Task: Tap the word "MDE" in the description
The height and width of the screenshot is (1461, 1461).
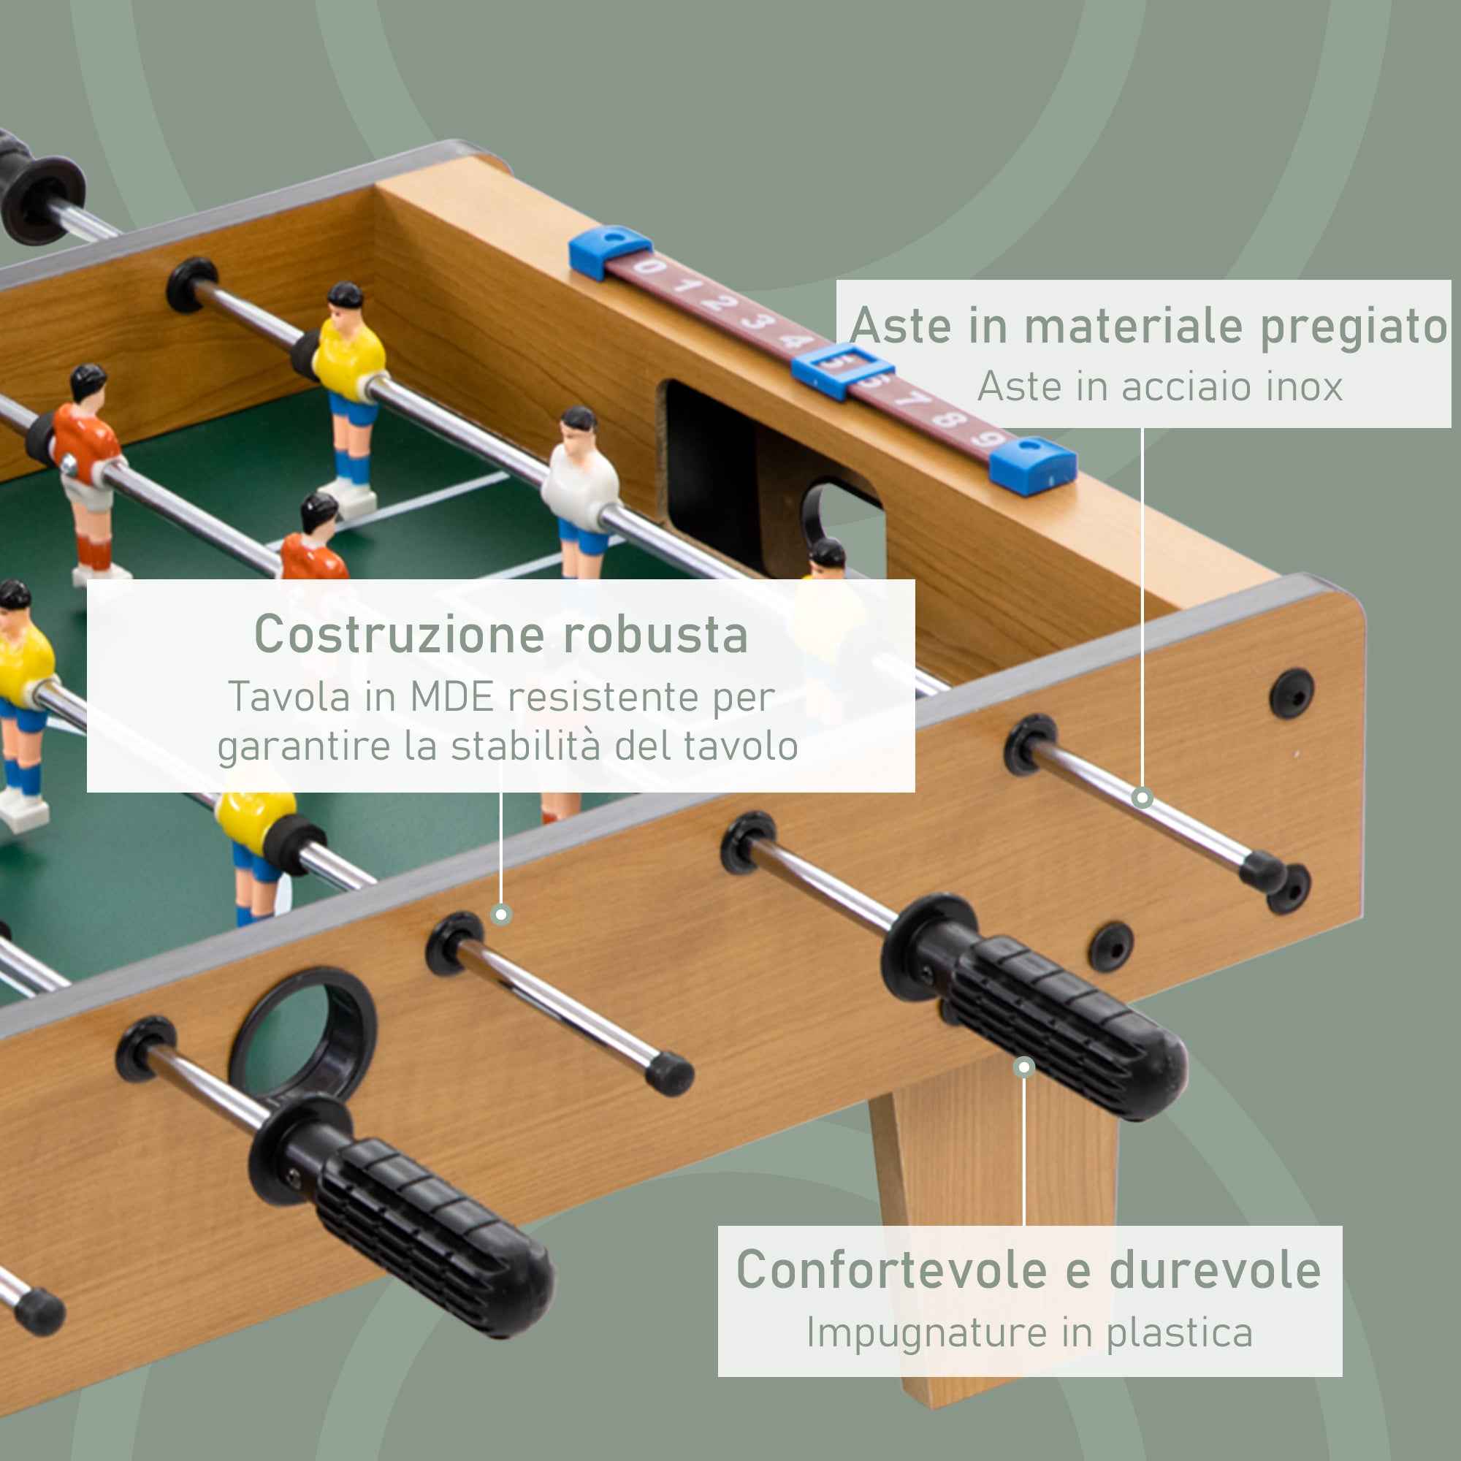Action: pos(451,697)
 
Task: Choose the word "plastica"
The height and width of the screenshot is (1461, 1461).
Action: pos(1180,1332)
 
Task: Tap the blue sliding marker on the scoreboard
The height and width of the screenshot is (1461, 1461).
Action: pos(842,370)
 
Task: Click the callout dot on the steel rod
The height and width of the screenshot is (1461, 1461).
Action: pos(1143,798)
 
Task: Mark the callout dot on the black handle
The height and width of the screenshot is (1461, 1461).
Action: pos(1024,1067)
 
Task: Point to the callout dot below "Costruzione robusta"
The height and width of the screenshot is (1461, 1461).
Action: pos(500,915)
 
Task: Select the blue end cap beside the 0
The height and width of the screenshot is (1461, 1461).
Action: pos(609,251)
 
